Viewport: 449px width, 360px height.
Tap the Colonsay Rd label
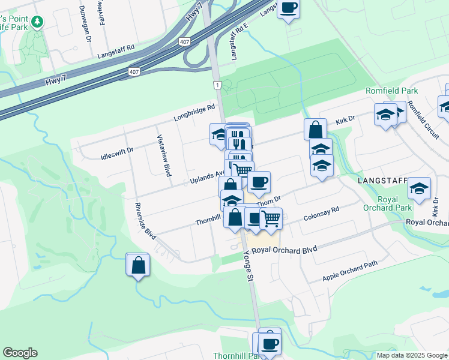click(322, 214)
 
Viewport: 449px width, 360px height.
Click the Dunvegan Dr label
click(84, 24)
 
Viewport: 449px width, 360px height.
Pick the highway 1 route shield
click(217, 86)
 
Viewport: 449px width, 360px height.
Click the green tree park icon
click(38, 22)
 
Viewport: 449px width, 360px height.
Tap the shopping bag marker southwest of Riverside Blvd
click(137, 265)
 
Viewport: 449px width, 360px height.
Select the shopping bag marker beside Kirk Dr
click(315, 129)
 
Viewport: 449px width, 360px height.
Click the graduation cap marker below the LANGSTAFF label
click(419, 188)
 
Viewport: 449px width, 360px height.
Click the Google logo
click(20, 353)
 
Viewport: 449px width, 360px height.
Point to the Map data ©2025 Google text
click(412, 355)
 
